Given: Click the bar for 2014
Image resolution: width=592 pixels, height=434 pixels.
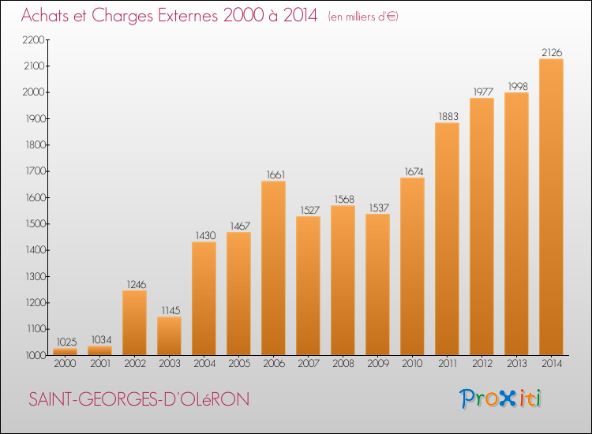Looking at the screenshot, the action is coord(551,207).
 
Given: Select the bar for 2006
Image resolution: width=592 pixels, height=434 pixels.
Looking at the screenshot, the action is coord(273,268).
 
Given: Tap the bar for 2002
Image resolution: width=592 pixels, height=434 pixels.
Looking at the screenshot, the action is coord(134,323).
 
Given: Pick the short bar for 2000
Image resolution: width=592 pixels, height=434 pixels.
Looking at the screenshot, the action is coord(65,352).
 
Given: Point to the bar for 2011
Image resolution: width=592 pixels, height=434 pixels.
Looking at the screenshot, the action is coord(447,239).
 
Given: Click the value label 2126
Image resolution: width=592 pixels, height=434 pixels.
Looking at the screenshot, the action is coord(552,52).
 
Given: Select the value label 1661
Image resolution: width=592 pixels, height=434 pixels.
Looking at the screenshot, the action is coord(275,174).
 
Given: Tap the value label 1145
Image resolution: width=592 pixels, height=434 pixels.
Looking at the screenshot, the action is coord(170,311).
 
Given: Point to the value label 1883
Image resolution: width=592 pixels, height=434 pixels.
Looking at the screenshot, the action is coord(448,116).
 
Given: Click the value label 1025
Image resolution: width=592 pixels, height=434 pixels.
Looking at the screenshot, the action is coord(66,342).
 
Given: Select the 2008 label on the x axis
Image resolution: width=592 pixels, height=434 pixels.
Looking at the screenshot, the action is coord(343,364).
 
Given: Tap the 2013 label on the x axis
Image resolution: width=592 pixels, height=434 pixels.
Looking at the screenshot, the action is coord(517,364).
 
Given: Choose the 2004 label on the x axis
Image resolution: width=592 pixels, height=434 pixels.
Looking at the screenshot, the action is coord(204,364).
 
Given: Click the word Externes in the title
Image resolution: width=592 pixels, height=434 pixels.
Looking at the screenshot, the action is coord(188,15).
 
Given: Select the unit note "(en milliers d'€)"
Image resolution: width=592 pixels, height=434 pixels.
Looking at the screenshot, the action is coord(363,17).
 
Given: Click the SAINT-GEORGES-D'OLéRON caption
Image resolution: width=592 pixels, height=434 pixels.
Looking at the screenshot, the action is coord(139,399).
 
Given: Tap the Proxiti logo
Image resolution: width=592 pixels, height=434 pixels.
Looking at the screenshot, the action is coord(500,398).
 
